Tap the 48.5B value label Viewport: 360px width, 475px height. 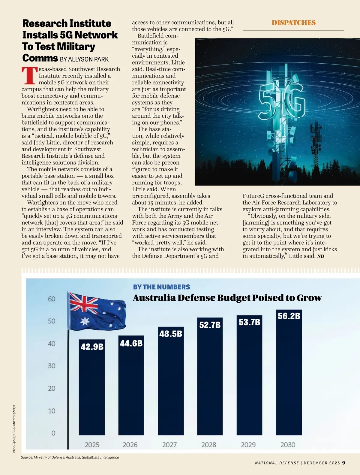171,334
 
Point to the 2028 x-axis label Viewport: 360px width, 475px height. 209,445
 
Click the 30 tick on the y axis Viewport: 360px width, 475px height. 52,366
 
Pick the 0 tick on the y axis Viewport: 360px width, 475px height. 53,433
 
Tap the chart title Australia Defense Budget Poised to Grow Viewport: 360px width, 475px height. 227,298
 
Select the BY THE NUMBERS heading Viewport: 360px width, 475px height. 161,287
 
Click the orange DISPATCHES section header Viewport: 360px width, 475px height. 293,23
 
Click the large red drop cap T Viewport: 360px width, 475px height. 30,76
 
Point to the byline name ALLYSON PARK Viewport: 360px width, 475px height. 88,59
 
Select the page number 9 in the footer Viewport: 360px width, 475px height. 343,463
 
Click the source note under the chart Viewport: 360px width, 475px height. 70,457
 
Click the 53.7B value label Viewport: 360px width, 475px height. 249,322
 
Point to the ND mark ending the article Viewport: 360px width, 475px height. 321,256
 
